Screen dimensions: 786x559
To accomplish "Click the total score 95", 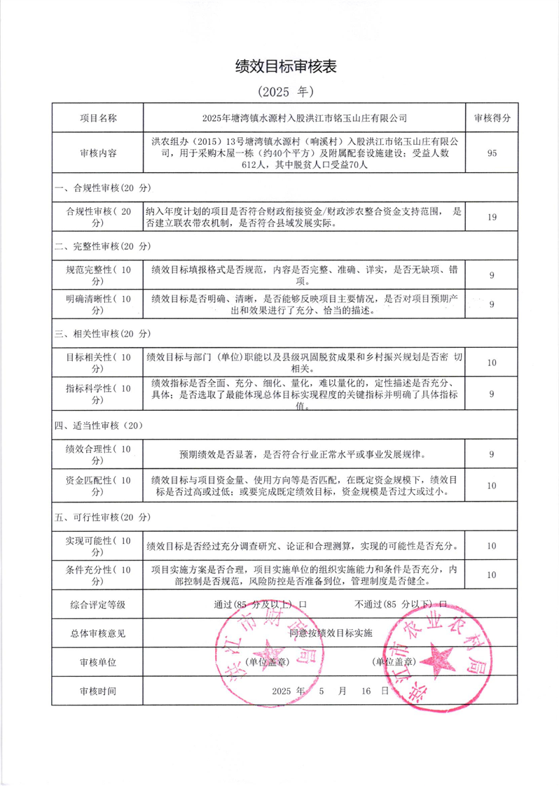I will tap(492, 153).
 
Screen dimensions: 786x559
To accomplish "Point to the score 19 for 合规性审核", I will tap(492, 218).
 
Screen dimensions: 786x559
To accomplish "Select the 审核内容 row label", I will tap(98, 153).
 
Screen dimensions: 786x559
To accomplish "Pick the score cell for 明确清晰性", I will tap(492, 304).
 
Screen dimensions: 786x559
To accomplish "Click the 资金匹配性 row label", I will tap(98, 486).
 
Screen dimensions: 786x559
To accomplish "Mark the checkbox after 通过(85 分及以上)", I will tap(302, 603).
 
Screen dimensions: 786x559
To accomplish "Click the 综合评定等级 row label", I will tap(98, 603).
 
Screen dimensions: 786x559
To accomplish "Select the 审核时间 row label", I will tap(98, 691).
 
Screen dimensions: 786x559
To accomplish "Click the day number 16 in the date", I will tap(365, 691).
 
